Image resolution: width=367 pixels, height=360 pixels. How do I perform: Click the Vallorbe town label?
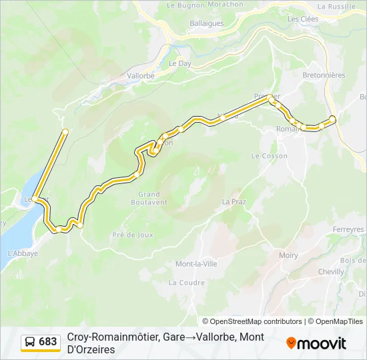(x=140, y=76)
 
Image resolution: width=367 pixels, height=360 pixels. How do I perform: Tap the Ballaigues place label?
(x=189, y=23)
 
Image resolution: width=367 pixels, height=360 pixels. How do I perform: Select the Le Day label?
(x=179, y=63)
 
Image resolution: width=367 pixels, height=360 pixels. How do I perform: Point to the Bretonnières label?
(x=324, y=75)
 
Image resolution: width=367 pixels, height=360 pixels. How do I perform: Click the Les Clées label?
(x=302, y=19)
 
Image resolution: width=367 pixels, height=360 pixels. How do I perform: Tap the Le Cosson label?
(x=269, y=155)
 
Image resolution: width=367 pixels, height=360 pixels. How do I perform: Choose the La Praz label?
(x=234, y=201)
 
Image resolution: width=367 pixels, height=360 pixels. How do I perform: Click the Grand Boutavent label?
(x=149, y=198)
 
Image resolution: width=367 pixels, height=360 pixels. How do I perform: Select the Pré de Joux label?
(x=133, y=235)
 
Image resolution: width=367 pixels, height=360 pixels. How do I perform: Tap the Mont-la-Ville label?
(x=196, y=264)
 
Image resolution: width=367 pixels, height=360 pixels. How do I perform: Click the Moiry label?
(x=288, y=255)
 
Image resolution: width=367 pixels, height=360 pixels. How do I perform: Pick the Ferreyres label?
(x=348, y=229)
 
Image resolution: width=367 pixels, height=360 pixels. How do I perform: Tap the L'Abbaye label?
(x=22, y=253)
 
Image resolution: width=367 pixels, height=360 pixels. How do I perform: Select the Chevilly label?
(x=331, y=272)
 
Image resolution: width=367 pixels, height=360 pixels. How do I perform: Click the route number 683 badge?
(x=48, y=342)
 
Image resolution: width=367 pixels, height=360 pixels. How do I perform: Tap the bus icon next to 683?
(x=31, y=342)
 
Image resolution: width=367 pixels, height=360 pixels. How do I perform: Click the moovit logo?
(x=316, y=343)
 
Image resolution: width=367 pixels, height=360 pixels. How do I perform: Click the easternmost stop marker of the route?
(x=333, y=119)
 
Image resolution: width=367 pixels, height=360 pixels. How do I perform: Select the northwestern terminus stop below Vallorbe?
(x=65, y=132)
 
